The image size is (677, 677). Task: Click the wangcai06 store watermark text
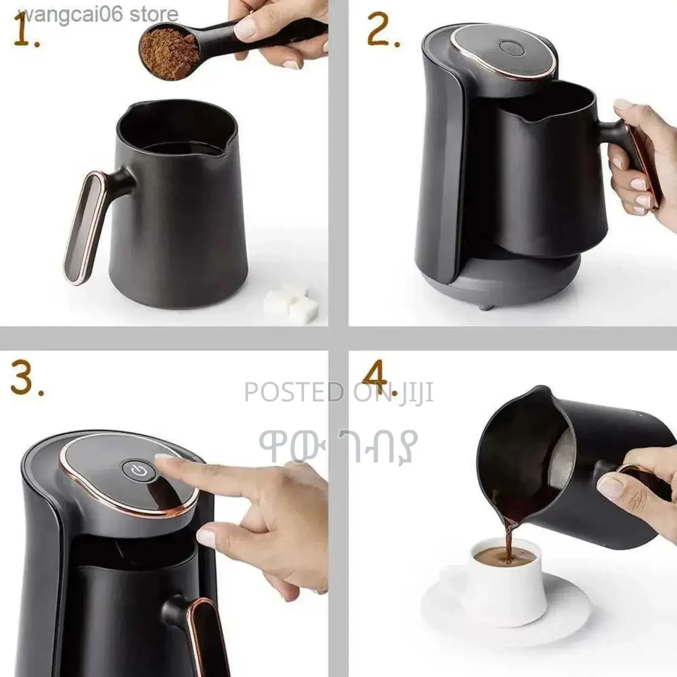click(102, 15)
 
